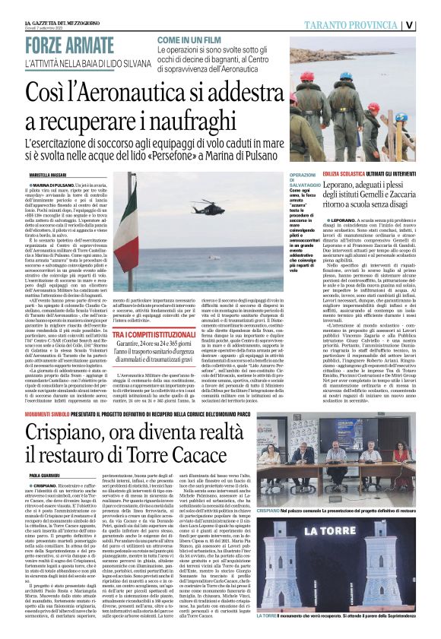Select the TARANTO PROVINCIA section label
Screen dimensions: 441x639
pyautogui.click(x=360, y=24)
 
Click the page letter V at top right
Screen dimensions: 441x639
pyautogui.click(x=430, y=24)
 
